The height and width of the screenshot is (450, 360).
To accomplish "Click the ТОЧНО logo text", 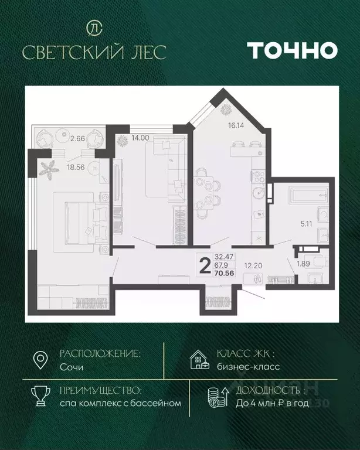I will click(291, 50).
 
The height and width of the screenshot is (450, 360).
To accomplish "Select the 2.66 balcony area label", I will click(77, 139).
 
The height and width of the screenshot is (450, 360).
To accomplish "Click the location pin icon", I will click(40, 360).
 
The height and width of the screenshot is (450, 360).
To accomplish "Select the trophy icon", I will click(40, 396).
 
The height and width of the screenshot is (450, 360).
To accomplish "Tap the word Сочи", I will click(72, 367).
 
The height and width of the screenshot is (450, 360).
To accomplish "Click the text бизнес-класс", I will click(248, 367).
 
